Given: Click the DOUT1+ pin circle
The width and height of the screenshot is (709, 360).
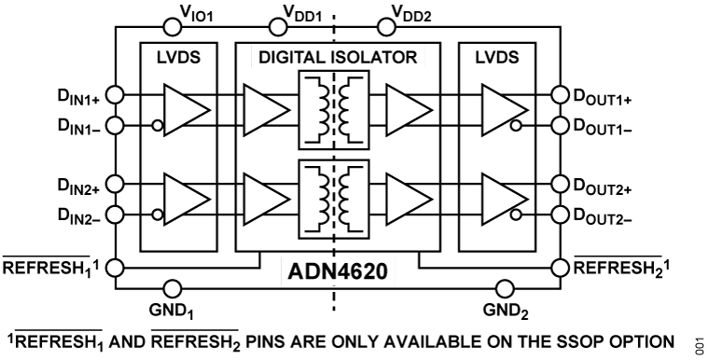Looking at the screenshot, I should pyautogui.click(x=559, y=94).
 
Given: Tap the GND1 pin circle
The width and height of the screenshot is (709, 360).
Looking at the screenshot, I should pyautogui.click(x=169, y=290).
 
